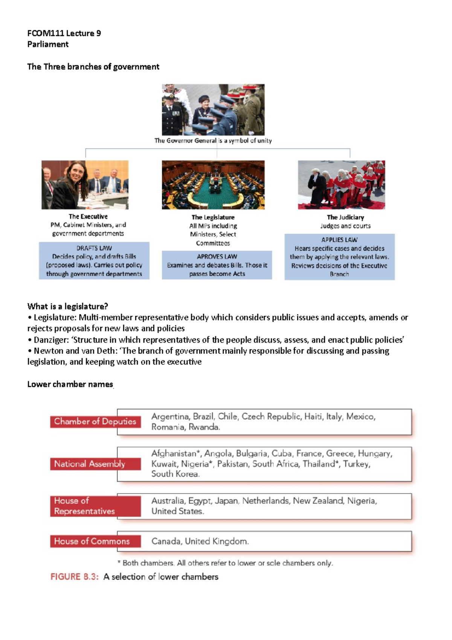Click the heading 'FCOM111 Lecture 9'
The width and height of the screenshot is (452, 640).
[64, 33]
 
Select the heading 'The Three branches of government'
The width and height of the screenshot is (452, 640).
[93, 67]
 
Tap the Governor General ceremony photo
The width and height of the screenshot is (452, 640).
[213, 109]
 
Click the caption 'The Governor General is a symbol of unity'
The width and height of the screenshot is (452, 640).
[213, 141]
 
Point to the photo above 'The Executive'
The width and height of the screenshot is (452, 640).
[85, 185]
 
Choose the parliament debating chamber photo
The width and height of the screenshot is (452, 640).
[213, 185]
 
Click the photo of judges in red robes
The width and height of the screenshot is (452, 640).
[341, 185]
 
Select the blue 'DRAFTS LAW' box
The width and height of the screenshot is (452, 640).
[94, 261]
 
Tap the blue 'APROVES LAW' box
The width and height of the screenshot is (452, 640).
[217, 265]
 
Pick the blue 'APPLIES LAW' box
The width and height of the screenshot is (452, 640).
[339, 257]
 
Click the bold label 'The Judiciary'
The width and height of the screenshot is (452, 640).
[345, 217]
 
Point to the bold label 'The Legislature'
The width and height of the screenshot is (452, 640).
[213, 217]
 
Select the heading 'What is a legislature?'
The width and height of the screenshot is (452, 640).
[67, 306]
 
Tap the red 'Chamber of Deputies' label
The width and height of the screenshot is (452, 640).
[95, 421]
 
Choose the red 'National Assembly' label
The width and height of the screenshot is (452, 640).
[90, 464]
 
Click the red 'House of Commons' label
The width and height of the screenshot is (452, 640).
[92, 541]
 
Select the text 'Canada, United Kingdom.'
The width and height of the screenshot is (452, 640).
[200, 541]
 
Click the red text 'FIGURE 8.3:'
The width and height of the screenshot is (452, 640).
[75, 577]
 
